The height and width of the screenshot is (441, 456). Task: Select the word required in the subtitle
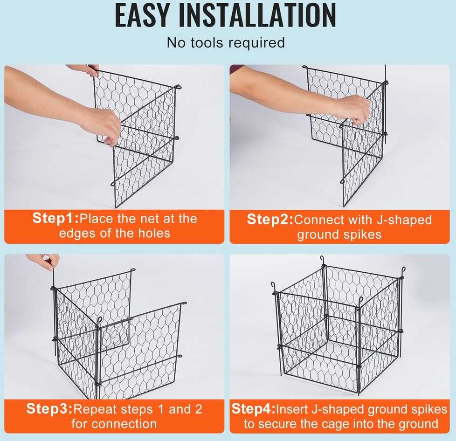(256, 43)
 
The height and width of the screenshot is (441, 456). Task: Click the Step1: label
(55, 218)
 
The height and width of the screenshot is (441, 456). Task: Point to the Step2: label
(270, 219)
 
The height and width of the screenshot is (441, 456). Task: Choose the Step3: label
(49, 408)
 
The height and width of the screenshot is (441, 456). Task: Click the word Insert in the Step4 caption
(292, 409)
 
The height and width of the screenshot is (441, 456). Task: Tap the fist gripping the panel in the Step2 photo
(355, 111)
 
